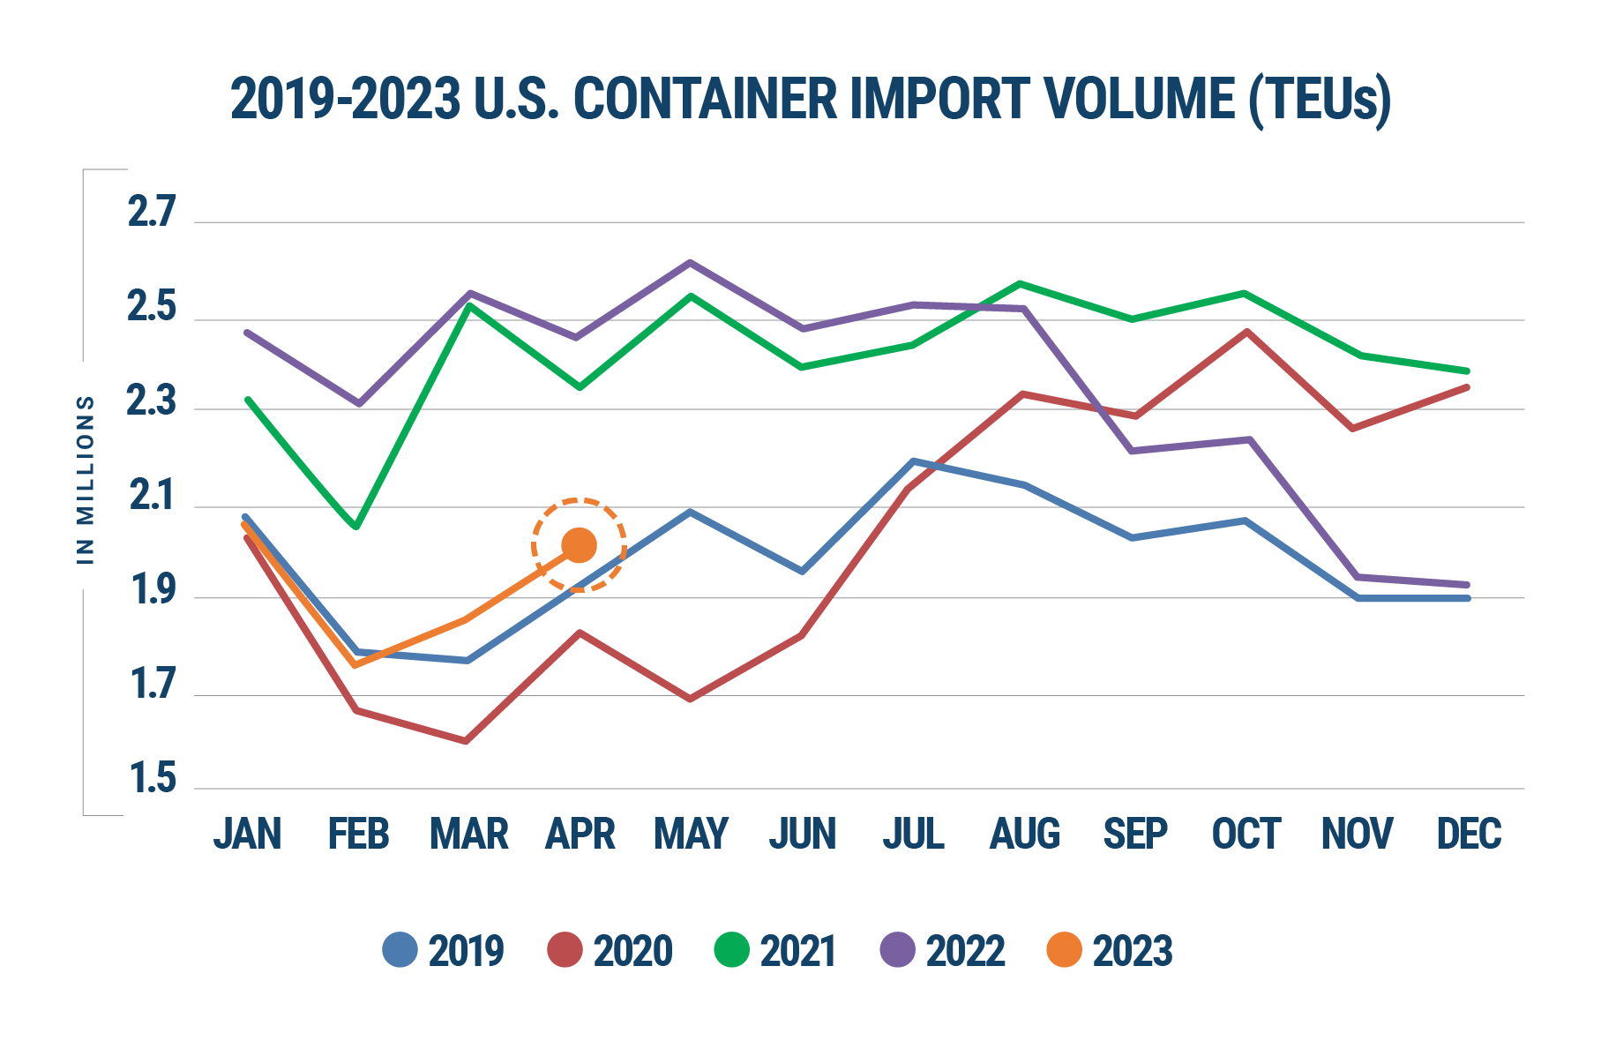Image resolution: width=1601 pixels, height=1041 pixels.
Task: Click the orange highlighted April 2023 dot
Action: point(579,545)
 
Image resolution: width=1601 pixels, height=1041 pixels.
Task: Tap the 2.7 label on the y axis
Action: point(152,214)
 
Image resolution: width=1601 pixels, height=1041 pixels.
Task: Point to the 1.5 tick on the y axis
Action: point(152,781)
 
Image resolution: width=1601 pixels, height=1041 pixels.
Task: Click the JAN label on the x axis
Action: point(247,834)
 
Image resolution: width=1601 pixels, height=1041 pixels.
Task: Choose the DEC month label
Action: point(1469,834)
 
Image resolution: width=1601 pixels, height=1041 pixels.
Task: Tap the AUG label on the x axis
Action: point(1024,834)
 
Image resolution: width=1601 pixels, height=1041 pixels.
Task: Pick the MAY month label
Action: point(691,834)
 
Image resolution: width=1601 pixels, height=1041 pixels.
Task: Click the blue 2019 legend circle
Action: point(400,950)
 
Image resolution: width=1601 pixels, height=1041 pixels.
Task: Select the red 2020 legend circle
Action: point(565,950)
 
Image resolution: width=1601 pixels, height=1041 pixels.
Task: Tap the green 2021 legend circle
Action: point(731,950)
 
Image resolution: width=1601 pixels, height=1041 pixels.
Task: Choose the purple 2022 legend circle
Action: point(898,950)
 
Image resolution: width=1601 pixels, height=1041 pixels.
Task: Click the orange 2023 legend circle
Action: point(1064,950)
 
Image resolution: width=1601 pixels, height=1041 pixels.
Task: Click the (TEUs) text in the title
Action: point(1320,99)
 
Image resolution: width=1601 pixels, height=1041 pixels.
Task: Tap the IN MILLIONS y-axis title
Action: point(86,478)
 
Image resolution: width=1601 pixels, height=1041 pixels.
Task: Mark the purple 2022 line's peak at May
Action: point(691,262)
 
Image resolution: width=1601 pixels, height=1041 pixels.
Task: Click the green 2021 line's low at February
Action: point(356,527)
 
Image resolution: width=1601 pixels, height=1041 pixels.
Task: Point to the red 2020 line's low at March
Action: point(466,741)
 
